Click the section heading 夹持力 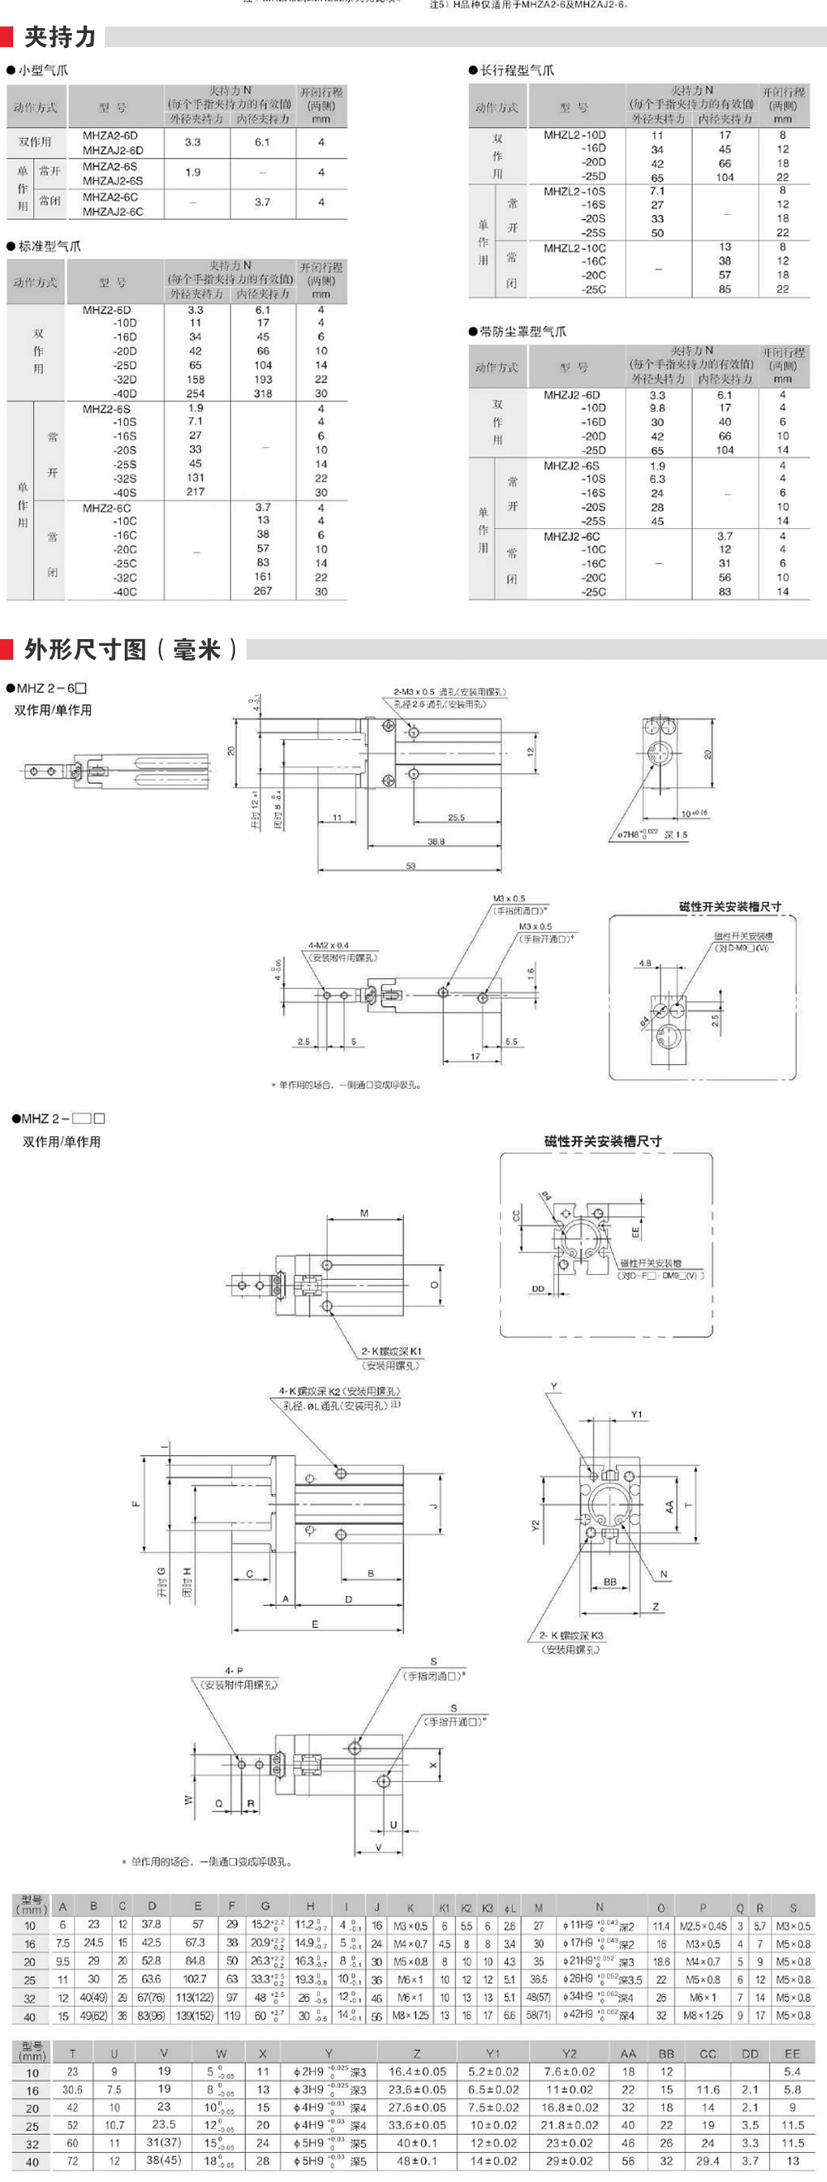[x=60, y=37]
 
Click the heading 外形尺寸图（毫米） [x=131, y=650]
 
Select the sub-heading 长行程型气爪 [x=516, y=70]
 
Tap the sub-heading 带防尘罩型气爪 [x=522, y=332]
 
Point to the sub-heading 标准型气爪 [x=49, y=246]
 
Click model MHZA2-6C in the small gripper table [x=110, y=197]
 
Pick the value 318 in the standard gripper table [x=263, y=394]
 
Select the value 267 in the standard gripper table [x=263, y=591]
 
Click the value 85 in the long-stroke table [x=724, y=289]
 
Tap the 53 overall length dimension [x=411, y=866]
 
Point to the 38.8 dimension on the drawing [x=436, y=842]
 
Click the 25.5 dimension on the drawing [x=456, y=819]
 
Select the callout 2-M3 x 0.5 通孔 [x=449, y=692]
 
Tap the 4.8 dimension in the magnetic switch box [x=645, y=963]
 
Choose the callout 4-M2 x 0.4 [x=329, y=945]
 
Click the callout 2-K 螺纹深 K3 [x=571, y=1635]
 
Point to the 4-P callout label [x=234, y=1671]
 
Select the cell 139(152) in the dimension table [x=194, y=2016]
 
